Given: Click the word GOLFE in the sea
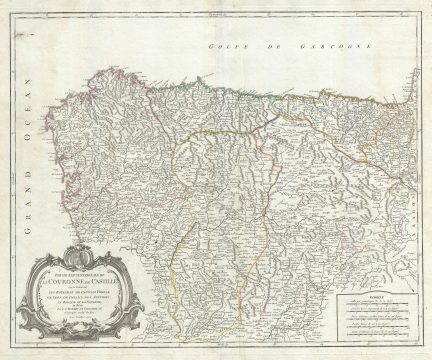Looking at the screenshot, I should (x=217, y=49).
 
